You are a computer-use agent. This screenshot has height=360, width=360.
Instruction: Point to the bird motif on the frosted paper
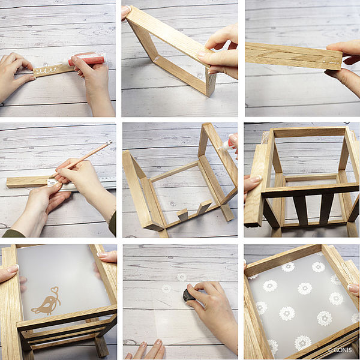tap(47, 302)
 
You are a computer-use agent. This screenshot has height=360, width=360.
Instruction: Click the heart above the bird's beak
tap(55, 289)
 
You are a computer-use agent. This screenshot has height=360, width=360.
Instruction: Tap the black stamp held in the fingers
tap(188, 295)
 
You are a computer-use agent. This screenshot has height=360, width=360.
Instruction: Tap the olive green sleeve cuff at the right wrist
tap(113, 224)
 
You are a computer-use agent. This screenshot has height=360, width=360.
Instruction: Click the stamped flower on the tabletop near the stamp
tap(166, 289)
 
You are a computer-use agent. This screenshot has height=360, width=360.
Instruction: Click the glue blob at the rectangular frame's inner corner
tap(157, 58)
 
